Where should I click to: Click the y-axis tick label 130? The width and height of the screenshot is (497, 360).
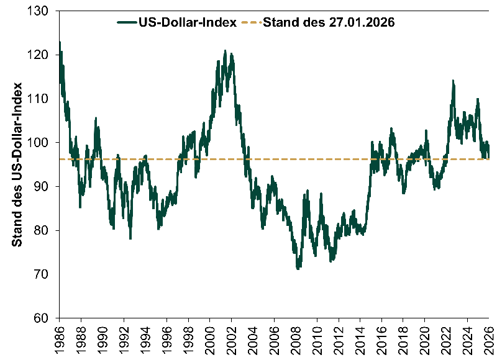(x=43, y=11)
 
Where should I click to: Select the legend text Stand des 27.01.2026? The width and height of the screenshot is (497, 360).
(x=330, y=23)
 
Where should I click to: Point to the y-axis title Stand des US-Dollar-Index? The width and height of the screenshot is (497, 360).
(x=17, y=164)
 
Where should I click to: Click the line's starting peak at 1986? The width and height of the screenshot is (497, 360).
(x=60, y=42)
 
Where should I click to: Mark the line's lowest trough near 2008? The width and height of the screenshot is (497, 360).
(x=298, y=268)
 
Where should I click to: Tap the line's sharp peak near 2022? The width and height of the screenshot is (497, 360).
(x=453, y=81)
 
